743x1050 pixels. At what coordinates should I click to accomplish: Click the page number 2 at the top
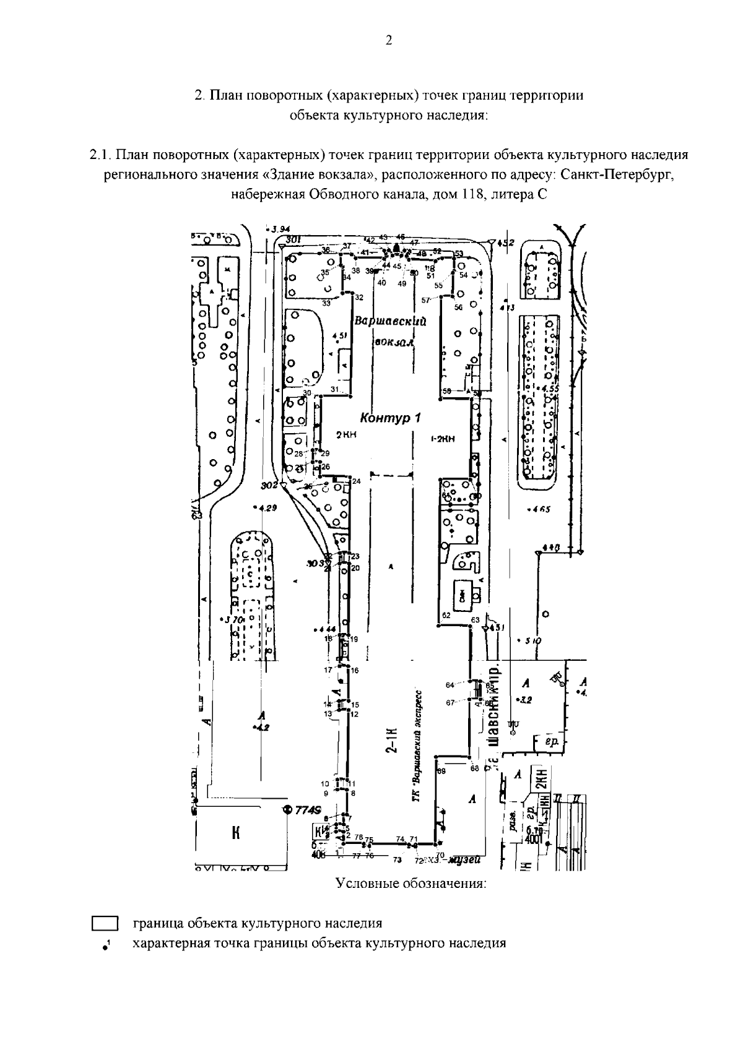(388, 41)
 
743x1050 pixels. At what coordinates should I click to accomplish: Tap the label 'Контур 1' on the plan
(390, 419)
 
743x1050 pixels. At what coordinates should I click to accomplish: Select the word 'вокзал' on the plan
(393, 342)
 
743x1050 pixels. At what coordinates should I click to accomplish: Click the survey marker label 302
(269, 484)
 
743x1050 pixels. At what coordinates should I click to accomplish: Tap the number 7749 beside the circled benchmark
(307, 811)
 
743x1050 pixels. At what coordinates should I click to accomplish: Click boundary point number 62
(446, 615)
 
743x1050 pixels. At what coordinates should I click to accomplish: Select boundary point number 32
(358, 298)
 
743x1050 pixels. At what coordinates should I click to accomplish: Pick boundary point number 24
(356, 481)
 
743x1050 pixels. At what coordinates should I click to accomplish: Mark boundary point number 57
(425, 300)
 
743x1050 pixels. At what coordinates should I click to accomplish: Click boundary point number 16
(355, 670)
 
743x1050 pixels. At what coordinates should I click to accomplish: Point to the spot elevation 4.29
(268, 508)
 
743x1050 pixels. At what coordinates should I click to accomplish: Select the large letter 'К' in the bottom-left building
(235, 833)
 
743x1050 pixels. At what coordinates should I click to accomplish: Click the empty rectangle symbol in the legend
(105, 924)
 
